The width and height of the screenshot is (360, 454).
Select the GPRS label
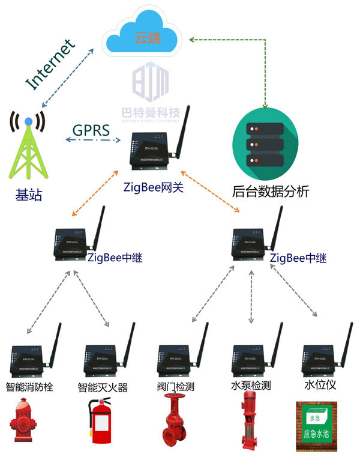[x=91, y=129]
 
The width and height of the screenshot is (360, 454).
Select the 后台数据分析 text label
[x=271, y=192]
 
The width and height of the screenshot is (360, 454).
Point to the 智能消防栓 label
[x=29, y=387]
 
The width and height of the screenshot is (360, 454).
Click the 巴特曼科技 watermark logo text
[x=151, y=112]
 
